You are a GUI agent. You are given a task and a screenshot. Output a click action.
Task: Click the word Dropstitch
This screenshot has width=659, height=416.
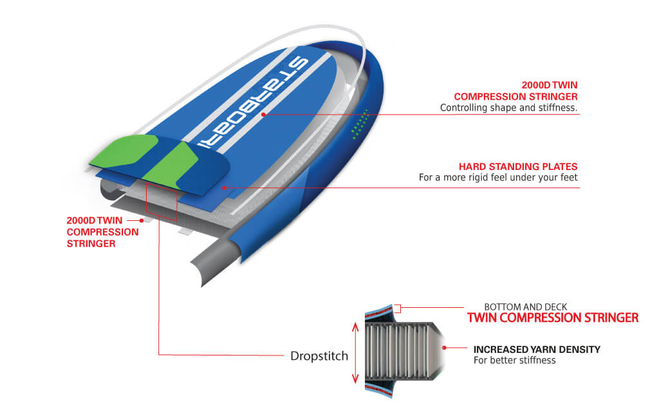[319, 356]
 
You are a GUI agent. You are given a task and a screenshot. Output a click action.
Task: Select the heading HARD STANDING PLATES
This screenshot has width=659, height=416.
[518, 167]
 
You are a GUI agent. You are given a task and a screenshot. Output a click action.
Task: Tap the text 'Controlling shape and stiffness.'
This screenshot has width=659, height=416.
[508, 108]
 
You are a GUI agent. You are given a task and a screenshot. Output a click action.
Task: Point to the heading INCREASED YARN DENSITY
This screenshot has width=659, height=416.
[537, 350]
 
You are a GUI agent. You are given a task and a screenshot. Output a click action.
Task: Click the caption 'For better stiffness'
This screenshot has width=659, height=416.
[514, 361]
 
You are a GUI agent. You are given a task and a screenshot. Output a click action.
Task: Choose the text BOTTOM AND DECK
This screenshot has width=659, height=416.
[525, 307]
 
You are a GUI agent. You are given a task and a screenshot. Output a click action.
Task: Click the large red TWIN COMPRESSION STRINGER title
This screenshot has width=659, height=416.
[553, 317]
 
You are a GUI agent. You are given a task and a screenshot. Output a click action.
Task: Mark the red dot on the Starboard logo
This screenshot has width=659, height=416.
[263, 115]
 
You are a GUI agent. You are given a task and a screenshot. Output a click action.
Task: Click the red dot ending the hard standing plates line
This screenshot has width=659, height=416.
[225, 188]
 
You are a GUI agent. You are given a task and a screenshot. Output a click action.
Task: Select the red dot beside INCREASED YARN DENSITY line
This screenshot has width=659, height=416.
[444, 348]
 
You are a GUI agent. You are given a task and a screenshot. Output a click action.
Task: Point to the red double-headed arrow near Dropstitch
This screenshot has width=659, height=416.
[355, 353]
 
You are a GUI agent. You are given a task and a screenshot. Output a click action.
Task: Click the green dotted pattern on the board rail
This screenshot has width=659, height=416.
[359, 124]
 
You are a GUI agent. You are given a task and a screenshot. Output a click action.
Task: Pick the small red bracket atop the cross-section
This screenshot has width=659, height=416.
[398, 308]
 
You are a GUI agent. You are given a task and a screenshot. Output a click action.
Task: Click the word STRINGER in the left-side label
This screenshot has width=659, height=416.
[91, 243]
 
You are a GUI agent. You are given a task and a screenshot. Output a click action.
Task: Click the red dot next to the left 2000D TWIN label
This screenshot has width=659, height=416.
[142, 220]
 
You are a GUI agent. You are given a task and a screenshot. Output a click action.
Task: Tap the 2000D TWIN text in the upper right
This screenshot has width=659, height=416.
[550, 85]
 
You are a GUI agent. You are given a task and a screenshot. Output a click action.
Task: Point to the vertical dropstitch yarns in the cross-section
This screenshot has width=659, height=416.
[399, 352]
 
